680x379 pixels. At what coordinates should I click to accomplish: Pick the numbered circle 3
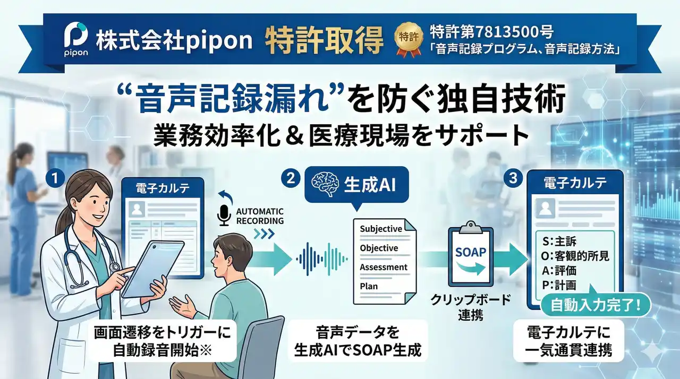[x=513, y=179]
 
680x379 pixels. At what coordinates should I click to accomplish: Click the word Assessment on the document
[x=384, y=267]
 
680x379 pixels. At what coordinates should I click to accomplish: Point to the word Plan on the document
[x=369, y=286]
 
